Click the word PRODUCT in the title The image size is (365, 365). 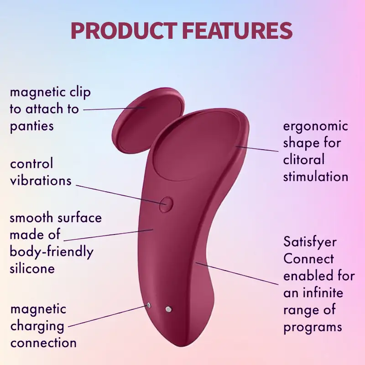123,31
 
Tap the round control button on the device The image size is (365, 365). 166,204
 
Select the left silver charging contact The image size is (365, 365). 148,305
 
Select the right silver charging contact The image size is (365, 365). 169,309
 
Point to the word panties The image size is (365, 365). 31,126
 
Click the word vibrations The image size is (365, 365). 41,181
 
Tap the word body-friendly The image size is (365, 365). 52,252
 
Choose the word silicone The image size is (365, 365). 32,268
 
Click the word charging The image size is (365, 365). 37,327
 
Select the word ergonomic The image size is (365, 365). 315,127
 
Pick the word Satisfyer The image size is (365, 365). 310,242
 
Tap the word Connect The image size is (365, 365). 308,258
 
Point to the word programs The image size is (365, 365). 313,327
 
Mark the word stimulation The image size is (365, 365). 316,177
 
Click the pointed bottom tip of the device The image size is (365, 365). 182,346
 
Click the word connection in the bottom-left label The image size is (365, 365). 43,343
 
